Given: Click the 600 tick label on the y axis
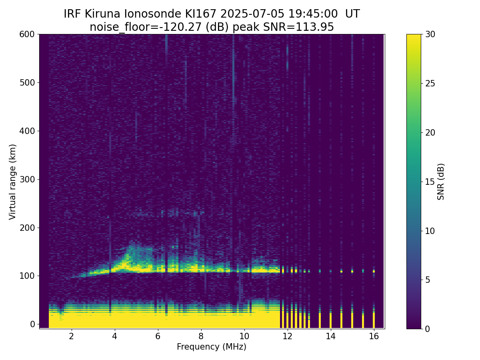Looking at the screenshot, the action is (27, 34).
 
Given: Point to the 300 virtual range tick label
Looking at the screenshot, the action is (27, 180).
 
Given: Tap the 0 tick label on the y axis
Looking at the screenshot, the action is (32, 324).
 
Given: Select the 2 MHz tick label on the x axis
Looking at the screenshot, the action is (71, 336).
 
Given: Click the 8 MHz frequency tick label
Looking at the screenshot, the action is (201, 336).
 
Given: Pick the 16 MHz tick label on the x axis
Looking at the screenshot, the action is (374, 336).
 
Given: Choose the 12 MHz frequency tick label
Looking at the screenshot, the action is (287, 336).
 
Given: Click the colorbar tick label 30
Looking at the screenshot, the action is (430, 34).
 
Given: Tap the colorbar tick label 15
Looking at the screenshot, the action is (430, 182).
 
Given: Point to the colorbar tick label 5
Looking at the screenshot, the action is (428, 280).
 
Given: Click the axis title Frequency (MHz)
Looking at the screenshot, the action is (212, 347).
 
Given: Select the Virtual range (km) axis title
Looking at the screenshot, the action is (12, 182).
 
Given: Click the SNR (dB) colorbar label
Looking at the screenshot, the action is (440, 182).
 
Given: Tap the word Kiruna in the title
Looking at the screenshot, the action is (102, 14).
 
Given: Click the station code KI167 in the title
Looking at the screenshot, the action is (200, 14).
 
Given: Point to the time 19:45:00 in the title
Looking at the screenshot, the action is (313, 14).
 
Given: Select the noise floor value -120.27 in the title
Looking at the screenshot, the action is (182, 27).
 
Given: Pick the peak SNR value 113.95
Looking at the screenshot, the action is (314, 27).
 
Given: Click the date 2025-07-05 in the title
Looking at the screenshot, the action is (252, 14).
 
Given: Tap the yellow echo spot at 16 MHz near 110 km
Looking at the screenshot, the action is (374, 271).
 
